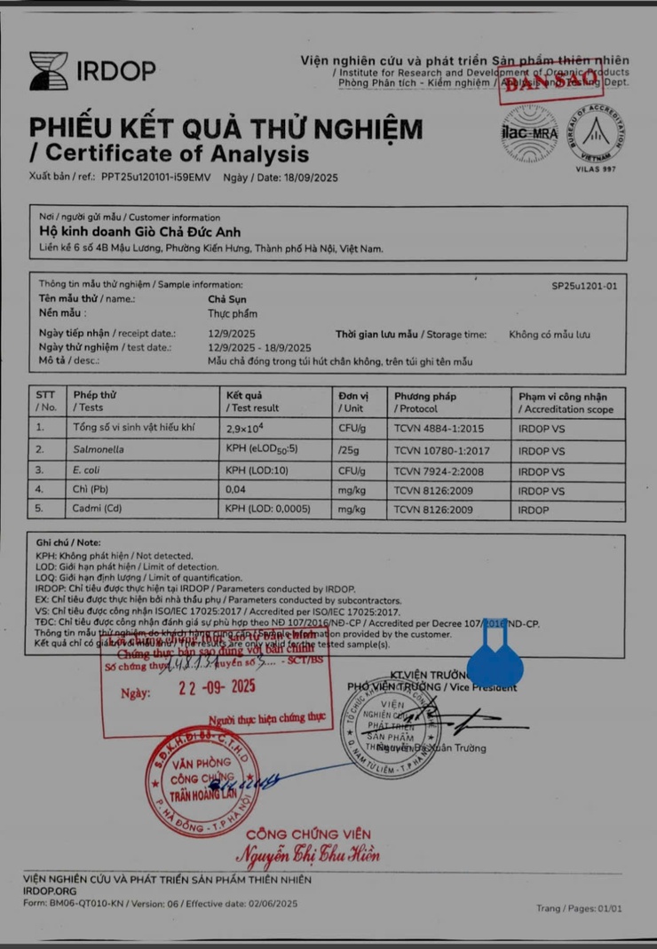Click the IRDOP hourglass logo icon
(48, 71)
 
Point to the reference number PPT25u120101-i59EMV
(156, 177)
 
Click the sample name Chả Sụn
(225, 299)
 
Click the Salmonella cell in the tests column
(99, 450)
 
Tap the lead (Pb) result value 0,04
(236, 490)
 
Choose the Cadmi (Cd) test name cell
(98, 510)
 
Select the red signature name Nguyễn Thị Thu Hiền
(307, 855)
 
